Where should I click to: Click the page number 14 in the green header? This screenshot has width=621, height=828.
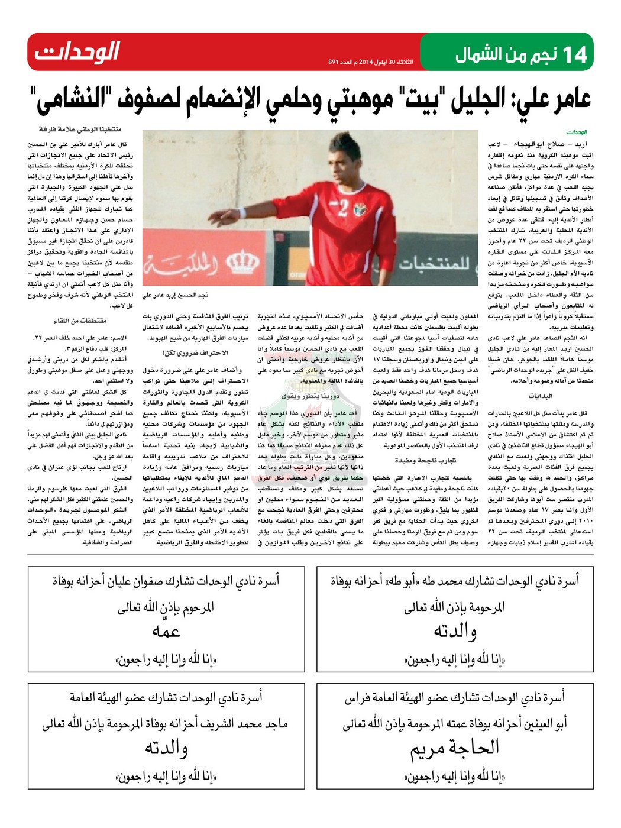coord(575,55)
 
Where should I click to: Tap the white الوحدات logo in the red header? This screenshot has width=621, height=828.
coord(77,52)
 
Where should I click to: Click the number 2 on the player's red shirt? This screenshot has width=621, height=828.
coord(342,209)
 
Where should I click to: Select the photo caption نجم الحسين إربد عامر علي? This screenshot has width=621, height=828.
coord(175,295)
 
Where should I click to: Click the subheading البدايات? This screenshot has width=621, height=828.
coord(540,396)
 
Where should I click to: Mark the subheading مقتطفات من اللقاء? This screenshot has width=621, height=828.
coord(80,321)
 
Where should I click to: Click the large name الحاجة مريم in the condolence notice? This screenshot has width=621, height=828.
coord(455,748)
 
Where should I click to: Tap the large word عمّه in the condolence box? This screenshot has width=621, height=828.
coord(166,632)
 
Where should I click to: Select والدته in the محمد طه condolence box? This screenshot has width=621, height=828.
coord(455,632)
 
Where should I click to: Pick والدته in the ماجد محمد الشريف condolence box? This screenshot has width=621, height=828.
coord(166,748)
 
